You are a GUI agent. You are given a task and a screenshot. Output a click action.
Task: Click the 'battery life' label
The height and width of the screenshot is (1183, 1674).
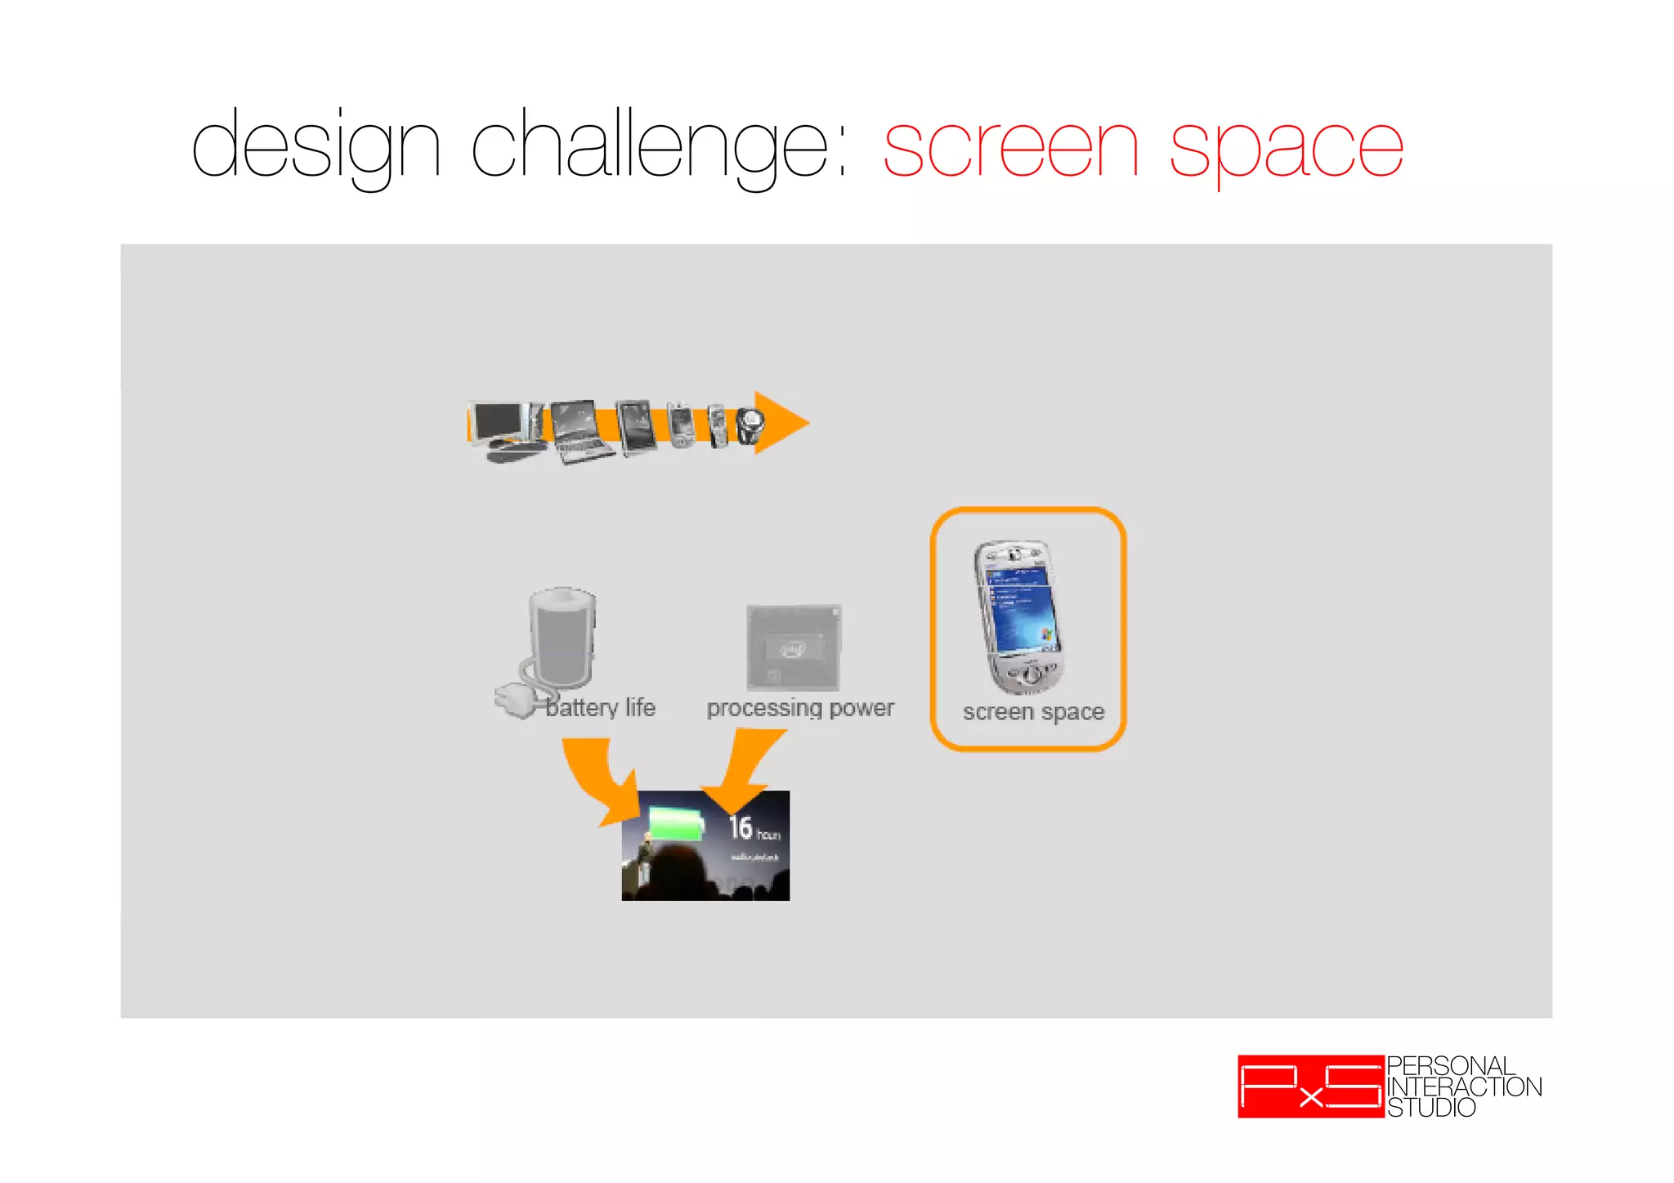coord(601,708)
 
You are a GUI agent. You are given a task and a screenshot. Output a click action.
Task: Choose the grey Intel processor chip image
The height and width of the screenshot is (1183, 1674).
coord(794,648)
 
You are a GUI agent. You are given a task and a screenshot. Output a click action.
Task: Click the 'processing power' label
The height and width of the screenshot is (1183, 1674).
coord(800,708)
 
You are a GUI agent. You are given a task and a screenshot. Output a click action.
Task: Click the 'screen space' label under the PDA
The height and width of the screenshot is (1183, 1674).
coord(1033,712)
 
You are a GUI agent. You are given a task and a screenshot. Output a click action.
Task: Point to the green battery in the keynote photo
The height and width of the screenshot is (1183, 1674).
coord(675,822)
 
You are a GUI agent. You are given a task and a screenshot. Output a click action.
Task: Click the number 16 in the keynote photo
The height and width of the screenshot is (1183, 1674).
coord(741,827)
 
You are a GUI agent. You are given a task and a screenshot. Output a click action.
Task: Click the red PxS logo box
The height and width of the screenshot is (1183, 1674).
coord(1310,1087)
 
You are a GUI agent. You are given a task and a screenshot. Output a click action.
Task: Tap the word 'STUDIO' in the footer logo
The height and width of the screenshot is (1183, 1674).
coord(1431,1108)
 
